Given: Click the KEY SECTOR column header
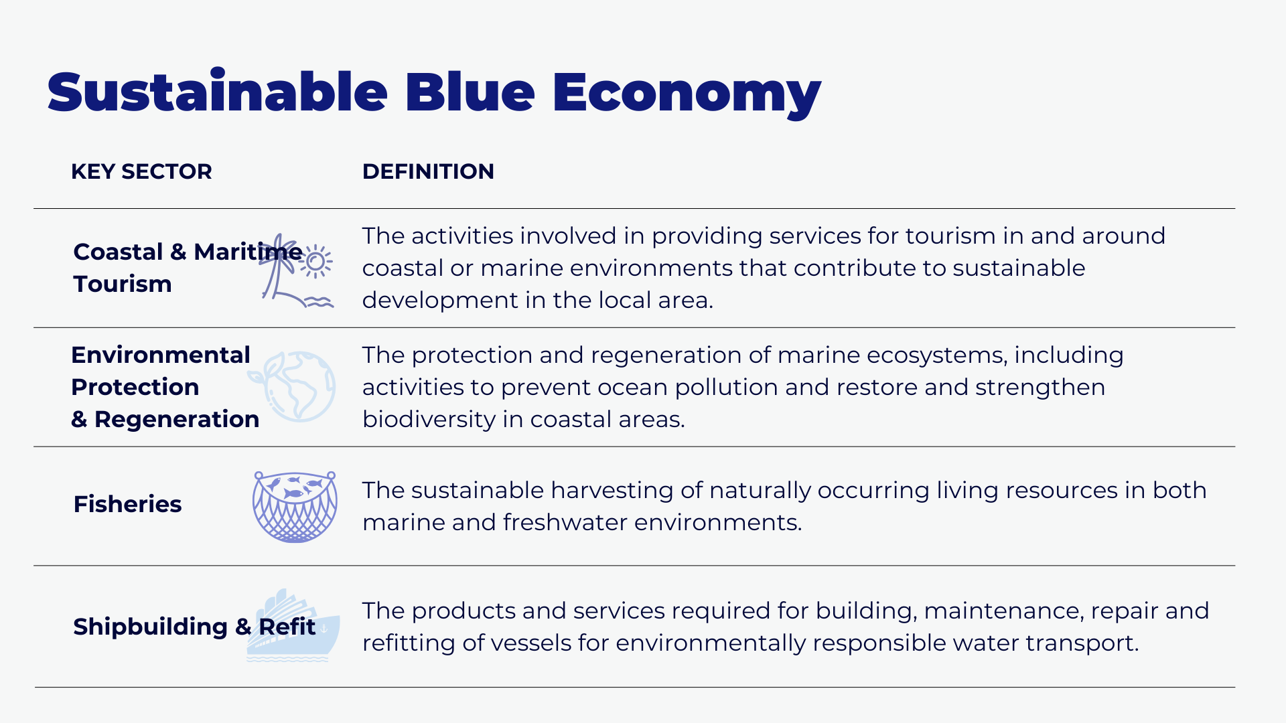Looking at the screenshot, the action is tap(141, 171).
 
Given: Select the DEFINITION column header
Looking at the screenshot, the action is tap(428, 171).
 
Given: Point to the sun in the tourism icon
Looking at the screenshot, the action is tap(316, 261).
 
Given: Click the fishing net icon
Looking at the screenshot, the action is tap(295, 507).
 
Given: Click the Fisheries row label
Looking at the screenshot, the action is tap(127, 504).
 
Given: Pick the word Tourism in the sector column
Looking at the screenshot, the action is tap(123, 284).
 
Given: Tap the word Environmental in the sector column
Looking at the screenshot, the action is tap(161, 355).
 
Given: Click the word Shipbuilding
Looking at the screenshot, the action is tap(151, 627).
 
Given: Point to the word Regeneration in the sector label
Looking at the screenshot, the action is tap(177, 420).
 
